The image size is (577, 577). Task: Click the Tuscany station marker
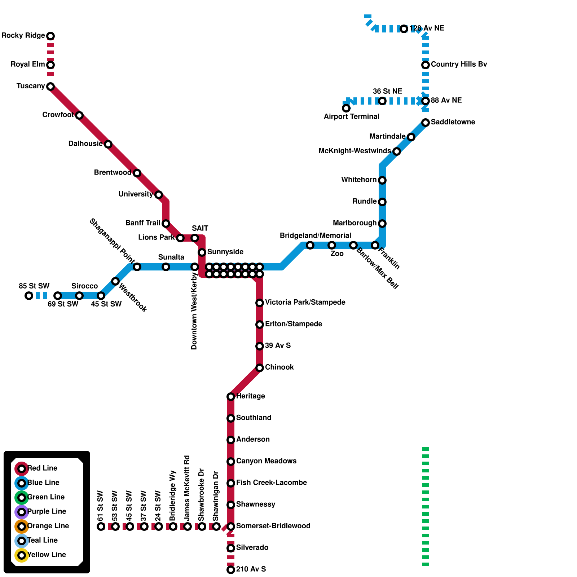pyautogui.click(x=50, y=87)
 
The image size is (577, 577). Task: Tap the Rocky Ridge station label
pyautogui.click(x=23, y=35)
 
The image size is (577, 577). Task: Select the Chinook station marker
pyautogui.click(x=260, y=368)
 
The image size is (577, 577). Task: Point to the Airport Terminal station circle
pyautogui.click(x=346, y=108)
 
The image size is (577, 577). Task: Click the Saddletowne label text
pyautogui.click(x=453, y=122)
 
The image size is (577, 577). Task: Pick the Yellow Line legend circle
pyautogui.click(x=22, y=555)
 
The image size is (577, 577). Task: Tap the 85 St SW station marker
pyautogui.click(x=29, y=296)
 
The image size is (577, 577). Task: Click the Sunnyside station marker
pyautogui.click(x=202, y=252)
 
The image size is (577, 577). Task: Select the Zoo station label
pyautogui.click(x=337, y=254)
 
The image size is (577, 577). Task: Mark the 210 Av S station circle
pyautogui.click(x=231, y=570)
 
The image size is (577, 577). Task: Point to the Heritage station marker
pyautogui.click(x=231, y=397)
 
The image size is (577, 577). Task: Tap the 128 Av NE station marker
pyautogui.click(x=404, y=29)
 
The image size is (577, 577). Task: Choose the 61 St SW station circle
pyautogui.click(x=101, y=527)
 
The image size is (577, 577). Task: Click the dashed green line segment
pyautogui.click(x=426, y=505)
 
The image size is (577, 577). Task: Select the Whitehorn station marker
pyautogui.click(x=382, y=180)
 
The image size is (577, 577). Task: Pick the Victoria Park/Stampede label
pyautogui.click(x=305, y=302)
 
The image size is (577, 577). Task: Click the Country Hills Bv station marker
pyautogui.click(x=426, y=65)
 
